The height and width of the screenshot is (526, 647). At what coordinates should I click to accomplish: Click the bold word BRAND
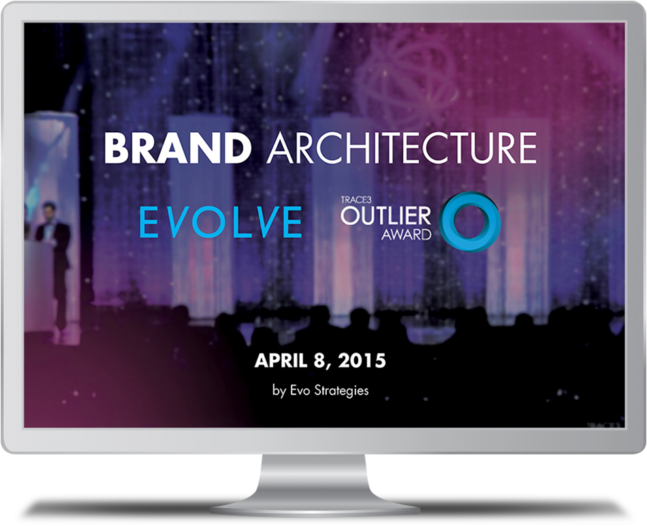click(178, 149)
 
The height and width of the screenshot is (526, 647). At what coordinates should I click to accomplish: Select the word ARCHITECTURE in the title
click(402, 148)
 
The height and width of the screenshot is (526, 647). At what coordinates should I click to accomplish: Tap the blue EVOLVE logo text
click(221, 221)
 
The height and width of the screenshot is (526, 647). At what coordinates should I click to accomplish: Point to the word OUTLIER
click(385, 215)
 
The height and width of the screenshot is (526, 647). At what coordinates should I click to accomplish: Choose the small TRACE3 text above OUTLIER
click(353, 200)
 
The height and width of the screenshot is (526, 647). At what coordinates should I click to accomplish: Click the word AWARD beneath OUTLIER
click(406, 234)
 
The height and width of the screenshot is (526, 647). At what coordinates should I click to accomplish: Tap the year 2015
click(362, 360)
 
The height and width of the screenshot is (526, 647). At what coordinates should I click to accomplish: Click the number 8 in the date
click(319, 360)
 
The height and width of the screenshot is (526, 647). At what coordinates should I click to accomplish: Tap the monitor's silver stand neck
click(313, 475)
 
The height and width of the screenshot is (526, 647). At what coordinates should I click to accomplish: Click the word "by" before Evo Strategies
click(279, 390)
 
